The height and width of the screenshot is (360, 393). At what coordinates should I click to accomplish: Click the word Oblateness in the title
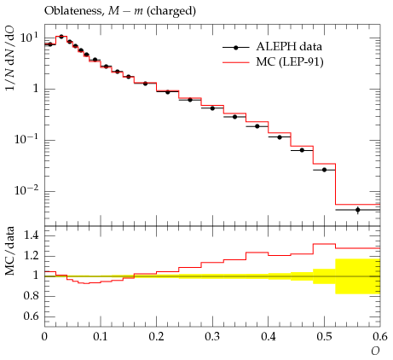73,11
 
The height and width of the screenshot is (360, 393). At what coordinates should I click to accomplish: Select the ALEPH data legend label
289,47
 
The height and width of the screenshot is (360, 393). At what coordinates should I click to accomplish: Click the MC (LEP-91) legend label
290,62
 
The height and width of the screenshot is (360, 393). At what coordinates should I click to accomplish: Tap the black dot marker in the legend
235,48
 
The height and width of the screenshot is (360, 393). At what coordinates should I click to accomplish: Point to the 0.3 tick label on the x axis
212,337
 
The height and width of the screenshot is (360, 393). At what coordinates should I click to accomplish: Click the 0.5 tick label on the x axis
324,337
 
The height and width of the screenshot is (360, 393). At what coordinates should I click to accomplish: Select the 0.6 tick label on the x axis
380,337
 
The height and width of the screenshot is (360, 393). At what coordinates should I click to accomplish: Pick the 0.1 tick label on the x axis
101,337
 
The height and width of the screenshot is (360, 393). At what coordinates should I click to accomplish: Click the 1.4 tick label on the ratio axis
31,235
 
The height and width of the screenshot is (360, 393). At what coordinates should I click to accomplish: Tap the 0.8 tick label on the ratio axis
31,296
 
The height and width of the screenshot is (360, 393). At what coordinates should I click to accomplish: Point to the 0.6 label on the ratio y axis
31,316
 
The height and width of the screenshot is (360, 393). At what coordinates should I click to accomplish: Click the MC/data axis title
10,251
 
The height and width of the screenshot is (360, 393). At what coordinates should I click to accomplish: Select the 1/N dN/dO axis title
10,59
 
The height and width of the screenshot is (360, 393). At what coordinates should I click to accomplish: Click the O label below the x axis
375,351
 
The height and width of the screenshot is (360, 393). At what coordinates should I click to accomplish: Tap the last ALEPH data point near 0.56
358,210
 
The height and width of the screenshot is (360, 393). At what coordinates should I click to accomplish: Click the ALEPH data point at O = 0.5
324,170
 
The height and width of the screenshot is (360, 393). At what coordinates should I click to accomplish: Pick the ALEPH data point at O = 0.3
212,108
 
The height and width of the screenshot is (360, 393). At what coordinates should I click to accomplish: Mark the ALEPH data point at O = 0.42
280,137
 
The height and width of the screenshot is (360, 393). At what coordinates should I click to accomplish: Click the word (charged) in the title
171,11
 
